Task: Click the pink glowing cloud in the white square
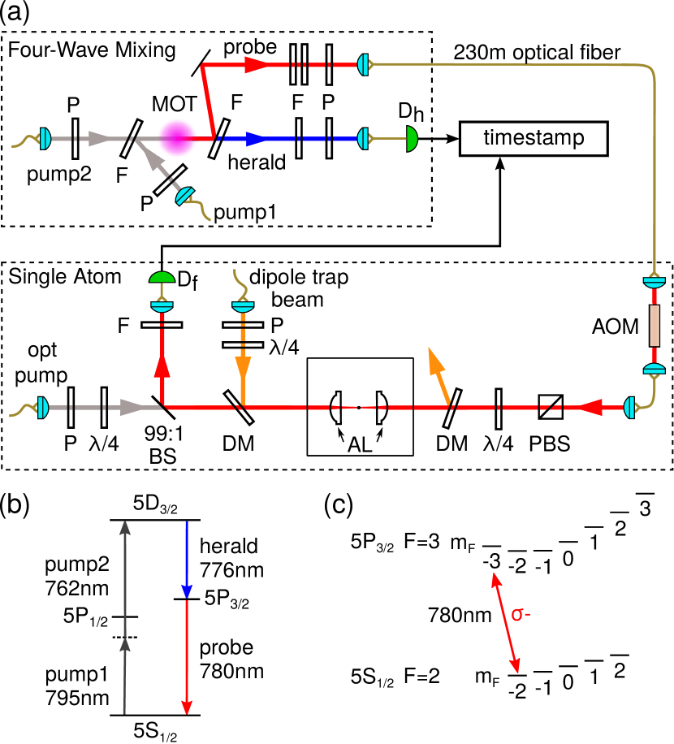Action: [x=176, y=137]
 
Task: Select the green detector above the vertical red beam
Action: [x=162, y=278]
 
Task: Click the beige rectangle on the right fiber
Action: [x=655, y=326]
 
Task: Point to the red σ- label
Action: [x=521, y=615]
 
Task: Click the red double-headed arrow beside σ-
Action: [x=505, y=623]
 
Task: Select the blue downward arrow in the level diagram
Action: [x=187, y=560]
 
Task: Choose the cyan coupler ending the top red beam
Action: [x=364, y=65]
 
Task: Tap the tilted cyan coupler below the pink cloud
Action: [x=185, y=196]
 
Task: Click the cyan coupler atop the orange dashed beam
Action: [x=243, y=306]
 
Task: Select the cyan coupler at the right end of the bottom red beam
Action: [x=629, y=407]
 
